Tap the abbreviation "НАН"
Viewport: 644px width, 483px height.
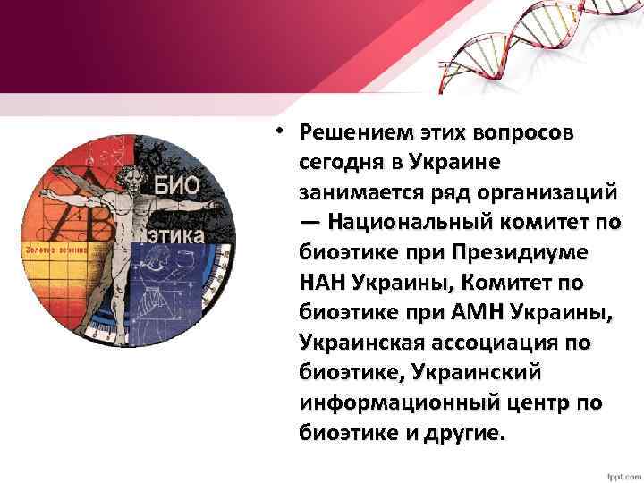323,284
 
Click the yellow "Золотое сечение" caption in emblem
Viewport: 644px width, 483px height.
57,250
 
